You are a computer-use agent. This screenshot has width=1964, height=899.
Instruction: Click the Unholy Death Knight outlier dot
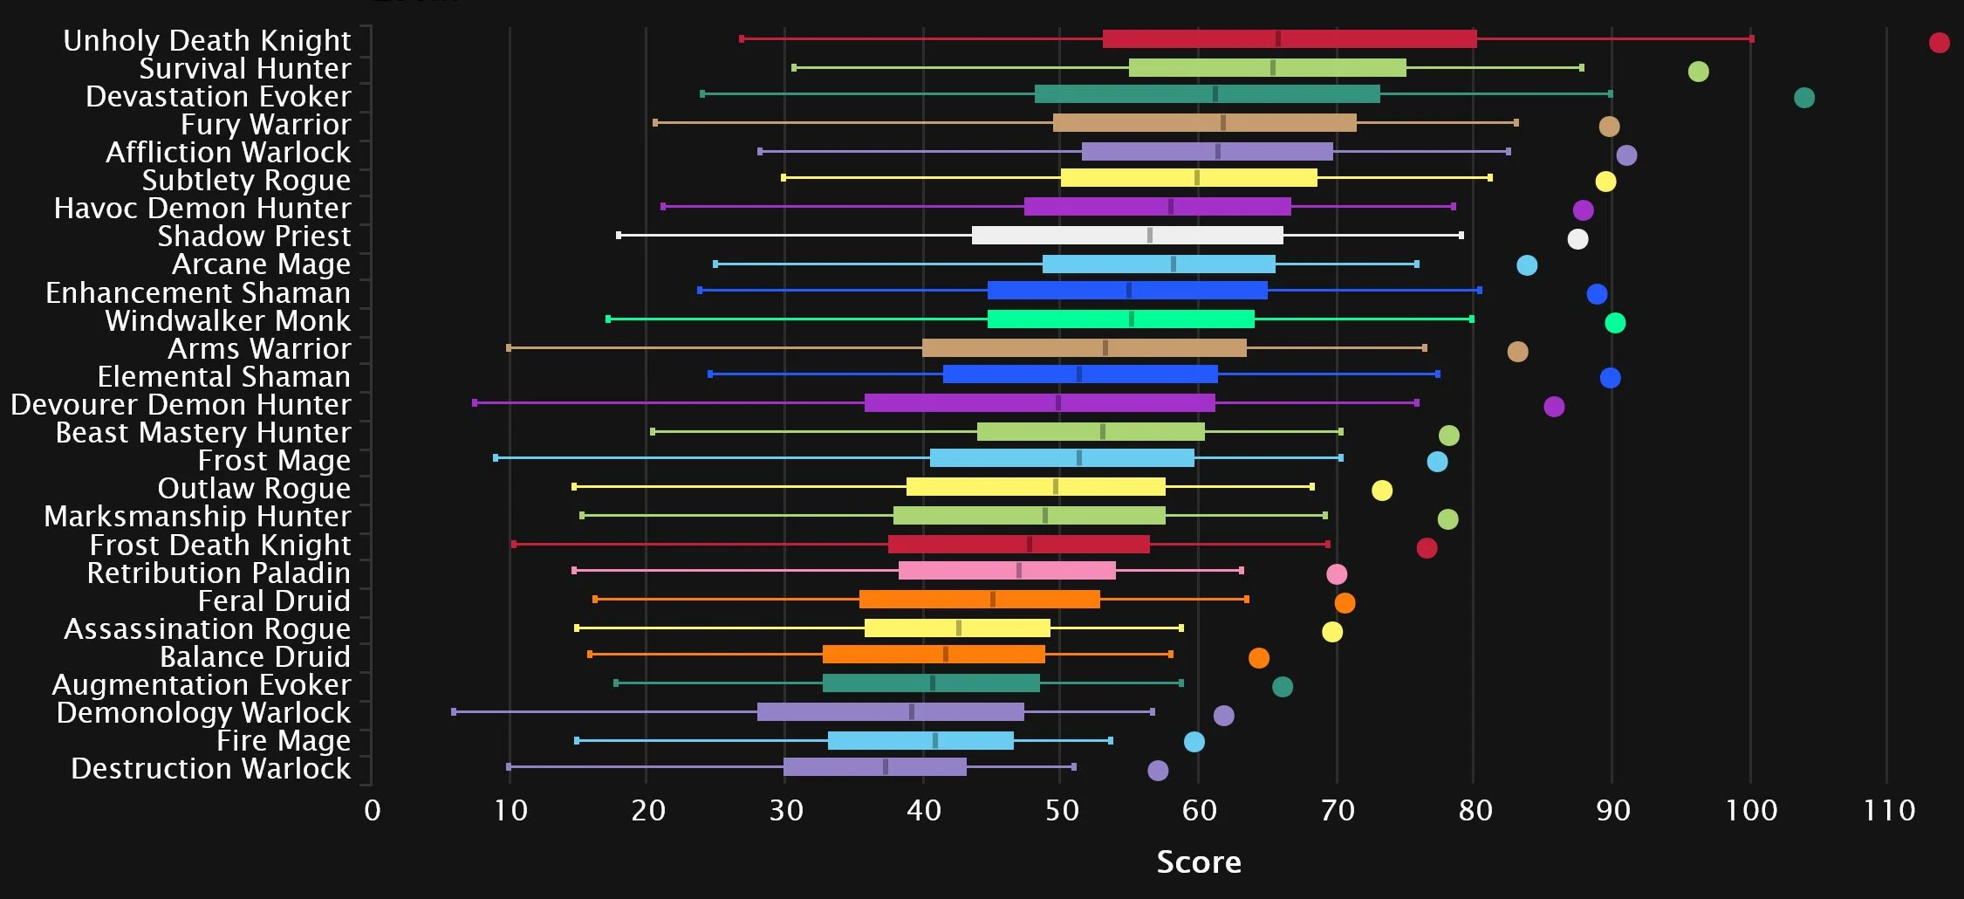click(x=1939, y=43)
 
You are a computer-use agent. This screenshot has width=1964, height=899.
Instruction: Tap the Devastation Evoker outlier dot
click(x=1804, y=98)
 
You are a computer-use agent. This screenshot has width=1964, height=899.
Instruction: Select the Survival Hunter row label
click(x=244, y=68)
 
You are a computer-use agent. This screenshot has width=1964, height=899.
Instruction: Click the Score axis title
click(x=1198, y=861)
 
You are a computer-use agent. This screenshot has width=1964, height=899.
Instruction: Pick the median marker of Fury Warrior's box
click(x=1222, y=123)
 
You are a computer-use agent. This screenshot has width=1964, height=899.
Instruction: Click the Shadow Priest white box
click(x=1127, y=235)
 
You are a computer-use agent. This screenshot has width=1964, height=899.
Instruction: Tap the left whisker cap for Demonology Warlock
click(x=454, y=712)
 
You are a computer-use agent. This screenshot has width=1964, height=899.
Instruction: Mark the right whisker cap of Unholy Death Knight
click(x=1751, y=38)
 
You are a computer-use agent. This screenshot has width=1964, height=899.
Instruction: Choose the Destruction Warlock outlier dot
click(x=1158, y=771)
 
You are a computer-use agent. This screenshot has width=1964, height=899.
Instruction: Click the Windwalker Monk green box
click(x=1120, y=319)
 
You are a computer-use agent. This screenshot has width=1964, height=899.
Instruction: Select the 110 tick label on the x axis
click(x=1889, y=811)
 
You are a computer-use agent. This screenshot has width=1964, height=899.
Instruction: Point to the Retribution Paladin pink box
click(x=1007, y=571)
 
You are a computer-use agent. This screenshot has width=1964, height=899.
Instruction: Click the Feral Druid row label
click(x=274, y=601)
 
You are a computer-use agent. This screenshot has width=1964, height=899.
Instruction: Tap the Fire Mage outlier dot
click(x=1194, y=742)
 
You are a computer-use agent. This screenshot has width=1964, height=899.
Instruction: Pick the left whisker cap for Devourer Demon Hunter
click(x=475, y=403)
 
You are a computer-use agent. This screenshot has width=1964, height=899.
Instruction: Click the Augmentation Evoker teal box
click(x=931, y=683)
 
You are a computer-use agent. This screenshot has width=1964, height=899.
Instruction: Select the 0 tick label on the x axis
click(x=373, y=811)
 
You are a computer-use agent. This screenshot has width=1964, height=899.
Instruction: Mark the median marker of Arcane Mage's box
click(x=1173, y=264)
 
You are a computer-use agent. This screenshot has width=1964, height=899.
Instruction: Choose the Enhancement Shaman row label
click(x=198, y=293)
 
